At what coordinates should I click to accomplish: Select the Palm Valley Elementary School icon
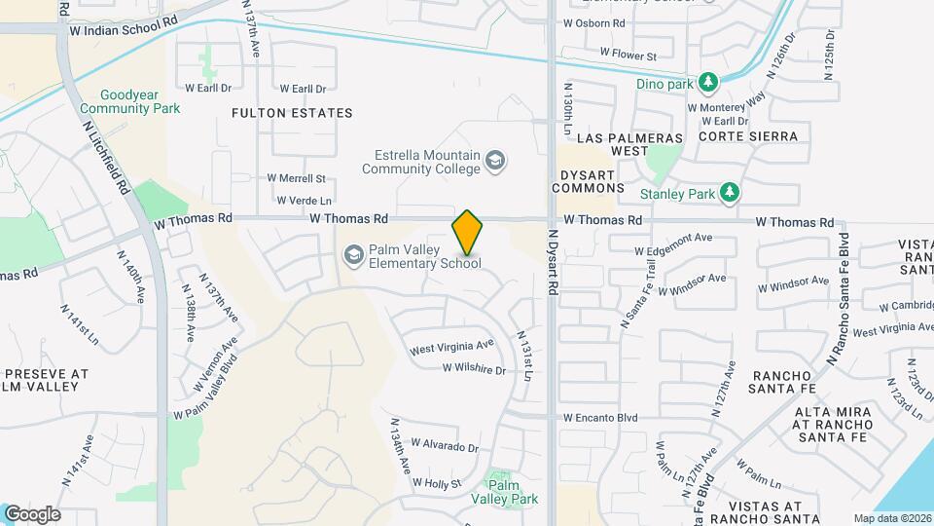(x=353, y=255)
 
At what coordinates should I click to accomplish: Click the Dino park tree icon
(x=710, y=80)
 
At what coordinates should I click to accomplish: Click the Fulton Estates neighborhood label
(x=292, y=113)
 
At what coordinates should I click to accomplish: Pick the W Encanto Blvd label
(x=599, y=417)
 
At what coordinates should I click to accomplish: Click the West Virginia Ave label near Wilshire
(x=451, y=347)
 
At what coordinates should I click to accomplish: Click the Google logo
(x=32, y=514)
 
